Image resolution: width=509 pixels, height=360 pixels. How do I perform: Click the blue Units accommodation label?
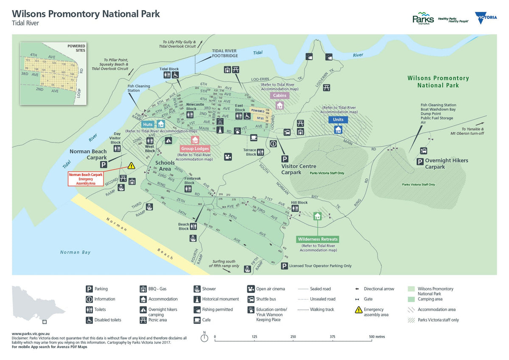coord(338,120)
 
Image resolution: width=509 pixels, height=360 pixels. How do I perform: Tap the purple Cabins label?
coord(280,96)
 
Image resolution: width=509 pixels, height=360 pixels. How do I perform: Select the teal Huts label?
coord(148,124)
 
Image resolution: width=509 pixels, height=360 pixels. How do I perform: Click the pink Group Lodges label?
coord(195,149)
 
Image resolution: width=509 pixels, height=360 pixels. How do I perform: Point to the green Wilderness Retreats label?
coord(318,239)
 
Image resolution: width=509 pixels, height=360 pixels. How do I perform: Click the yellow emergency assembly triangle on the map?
coord(131,166)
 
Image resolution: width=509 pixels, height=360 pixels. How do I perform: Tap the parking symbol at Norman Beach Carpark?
coord(103,164)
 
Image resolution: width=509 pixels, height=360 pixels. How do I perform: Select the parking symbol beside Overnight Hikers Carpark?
coord(420,161)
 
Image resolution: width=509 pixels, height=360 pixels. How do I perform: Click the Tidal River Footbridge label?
coord(225,53)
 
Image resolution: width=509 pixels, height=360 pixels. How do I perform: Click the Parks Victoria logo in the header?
coord(423,19)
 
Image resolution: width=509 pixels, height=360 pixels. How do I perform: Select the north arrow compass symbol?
coord(204,337)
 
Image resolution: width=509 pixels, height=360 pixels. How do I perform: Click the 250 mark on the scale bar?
coord(293,337)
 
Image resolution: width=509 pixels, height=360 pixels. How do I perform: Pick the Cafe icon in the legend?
coord(197,320)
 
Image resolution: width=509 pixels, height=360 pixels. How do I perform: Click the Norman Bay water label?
coord(76,252)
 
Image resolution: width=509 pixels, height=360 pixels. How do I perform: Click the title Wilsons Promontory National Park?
coord(86,14)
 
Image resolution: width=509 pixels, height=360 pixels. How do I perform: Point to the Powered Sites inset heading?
coord(76,48)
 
